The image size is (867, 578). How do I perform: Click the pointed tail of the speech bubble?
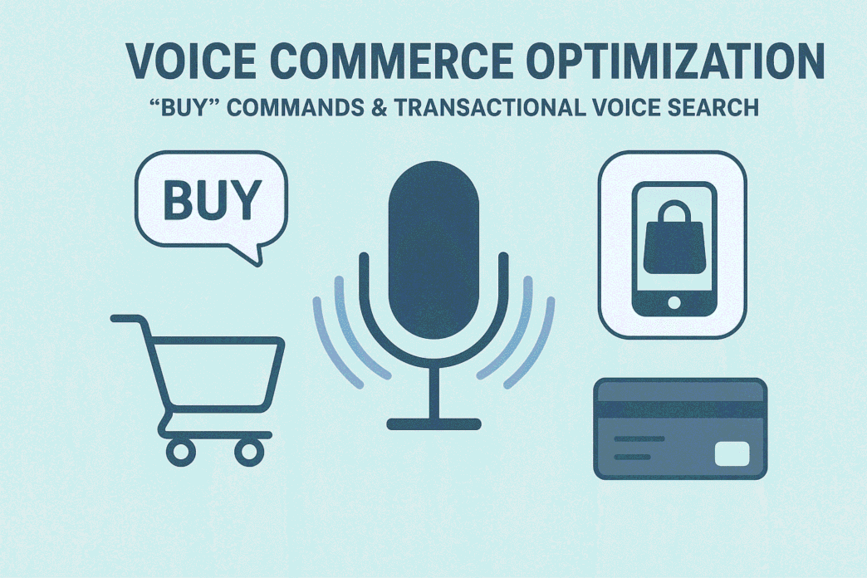point(255,257)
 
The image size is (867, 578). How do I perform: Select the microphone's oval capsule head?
point(433,241)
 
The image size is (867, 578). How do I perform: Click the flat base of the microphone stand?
point(433,424)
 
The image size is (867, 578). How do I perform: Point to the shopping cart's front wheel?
point(247,451)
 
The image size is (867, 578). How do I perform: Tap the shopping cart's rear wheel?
point(179,451)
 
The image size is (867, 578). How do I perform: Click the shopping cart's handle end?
point(116,318)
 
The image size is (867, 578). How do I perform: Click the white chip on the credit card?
point(732,453)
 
